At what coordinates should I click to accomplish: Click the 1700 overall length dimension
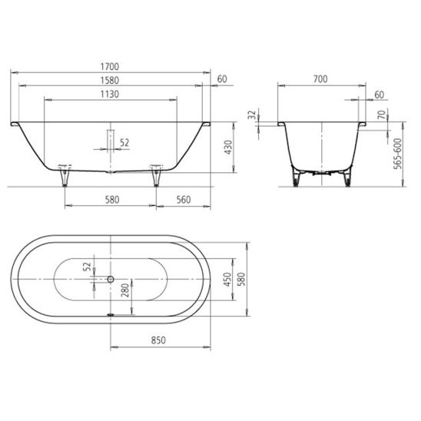110,67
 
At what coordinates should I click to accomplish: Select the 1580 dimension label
110,80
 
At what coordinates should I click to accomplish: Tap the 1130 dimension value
110,94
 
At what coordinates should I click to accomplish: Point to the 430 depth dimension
228,147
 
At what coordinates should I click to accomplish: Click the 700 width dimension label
320,79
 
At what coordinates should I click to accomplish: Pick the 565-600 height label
398,154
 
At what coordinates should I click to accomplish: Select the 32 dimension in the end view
252,114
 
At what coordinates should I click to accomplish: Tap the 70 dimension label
382,114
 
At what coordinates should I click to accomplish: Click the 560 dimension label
184,200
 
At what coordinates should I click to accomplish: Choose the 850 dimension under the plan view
158,340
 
